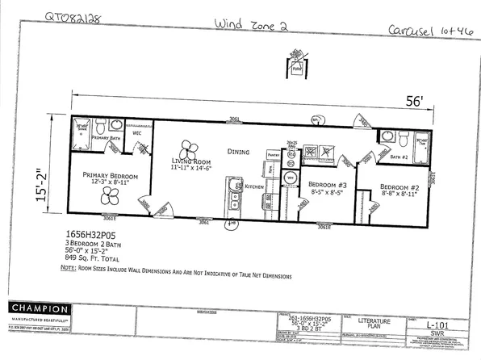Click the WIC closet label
pos(136,133)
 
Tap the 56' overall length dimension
pos(415,101)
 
